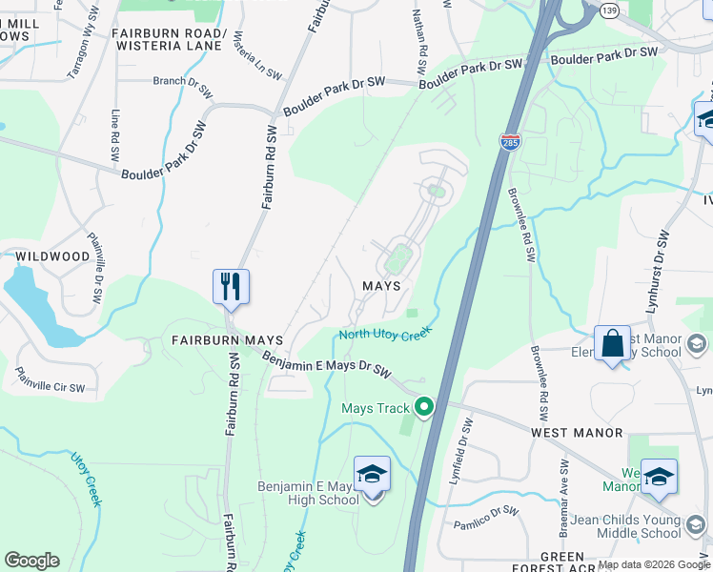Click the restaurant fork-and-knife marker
pyautogui.click(x=231, y=286)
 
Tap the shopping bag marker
pyautogui.click(x=612, y=344)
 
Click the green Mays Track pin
pyautogui.click(x=424, y=408)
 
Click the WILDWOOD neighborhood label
pyautogui.click(x=52, y=256)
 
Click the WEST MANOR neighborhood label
pyautogui.click(x=577, y=433)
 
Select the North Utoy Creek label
pyautogui.click(x=386, y=333)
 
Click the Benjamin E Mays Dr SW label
pyautogui.click(x=327, y=363)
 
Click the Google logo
pyautogui.click(x=31, y=561)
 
